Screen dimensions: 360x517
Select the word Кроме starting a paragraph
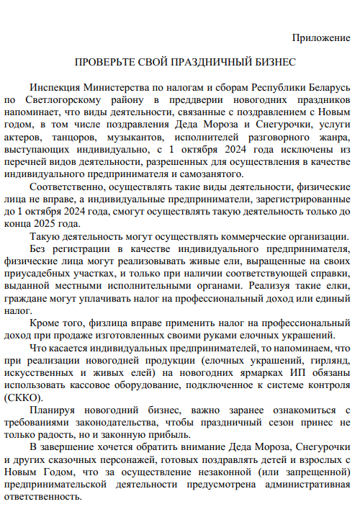[45, 323]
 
